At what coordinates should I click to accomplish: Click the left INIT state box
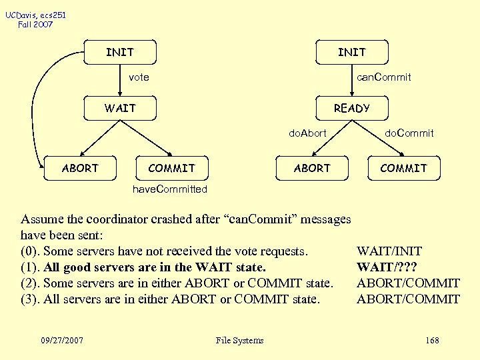tap(120, 52)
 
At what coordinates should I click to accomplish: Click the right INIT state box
tap(351, 52)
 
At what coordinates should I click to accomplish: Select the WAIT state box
tap(120, 108)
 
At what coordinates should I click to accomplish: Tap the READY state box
tap(351, 108)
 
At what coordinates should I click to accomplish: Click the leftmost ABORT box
tap(80, 168)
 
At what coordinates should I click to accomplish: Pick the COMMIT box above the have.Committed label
tap(171, 168)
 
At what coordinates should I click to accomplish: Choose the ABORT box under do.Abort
tap(312, 168)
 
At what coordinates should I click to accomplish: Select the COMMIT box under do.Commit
tap(403, 168)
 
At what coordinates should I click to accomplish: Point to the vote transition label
tap(139, 77)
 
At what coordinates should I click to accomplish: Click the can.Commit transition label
tap(383, 77)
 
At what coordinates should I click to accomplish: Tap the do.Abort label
tap(307, 133)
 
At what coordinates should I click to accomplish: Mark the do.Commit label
tap(409, 133)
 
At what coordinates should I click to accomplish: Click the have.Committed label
tap(170, 189)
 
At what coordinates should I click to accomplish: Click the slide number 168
tap(432, 341)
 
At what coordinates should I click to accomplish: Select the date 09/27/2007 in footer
tap(61, 341)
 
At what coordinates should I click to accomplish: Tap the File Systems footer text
tap(240, 341)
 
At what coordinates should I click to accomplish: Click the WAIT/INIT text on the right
tap(389, 251)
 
